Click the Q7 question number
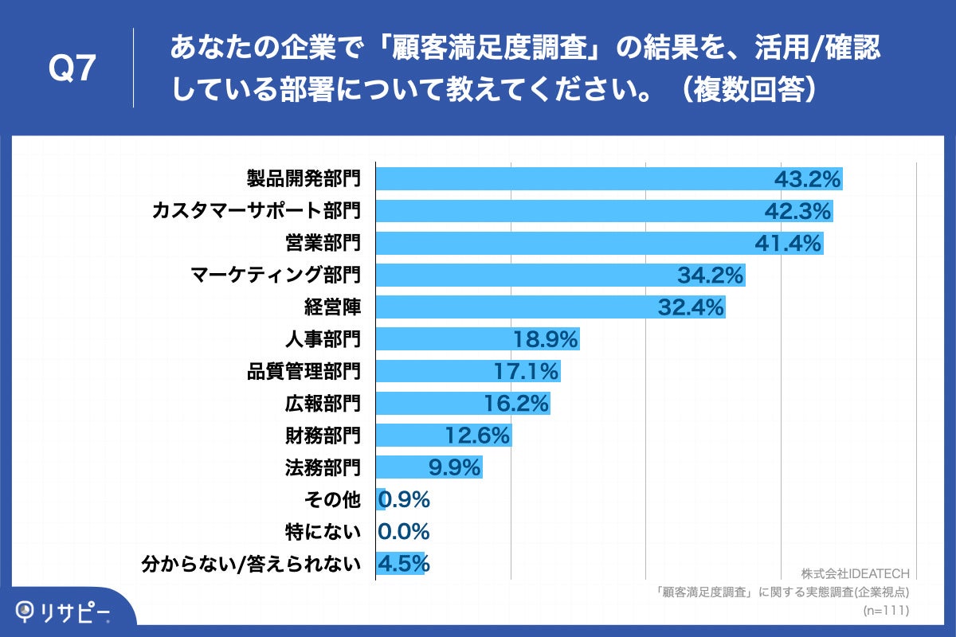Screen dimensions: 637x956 click(72, 69)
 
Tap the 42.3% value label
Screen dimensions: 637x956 click(799, 212)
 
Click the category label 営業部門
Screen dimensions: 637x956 click(323, 243)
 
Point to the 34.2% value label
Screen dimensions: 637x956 click(710, 276)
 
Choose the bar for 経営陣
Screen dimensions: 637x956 click(518, 307)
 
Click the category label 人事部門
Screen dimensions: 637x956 click(323, 339)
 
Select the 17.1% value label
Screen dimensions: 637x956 click(527, 371)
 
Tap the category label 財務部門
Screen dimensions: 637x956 click(323, 436)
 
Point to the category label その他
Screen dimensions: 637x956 click(333, 499)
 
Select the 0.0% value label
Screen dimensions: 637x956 click(404, 531)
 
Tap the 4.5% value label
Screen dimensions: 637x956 click(404, 564)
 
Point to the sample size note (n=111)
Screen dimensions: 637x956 click(886, 611)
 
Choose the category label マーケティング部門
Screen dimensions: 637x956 click(276, 276)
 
